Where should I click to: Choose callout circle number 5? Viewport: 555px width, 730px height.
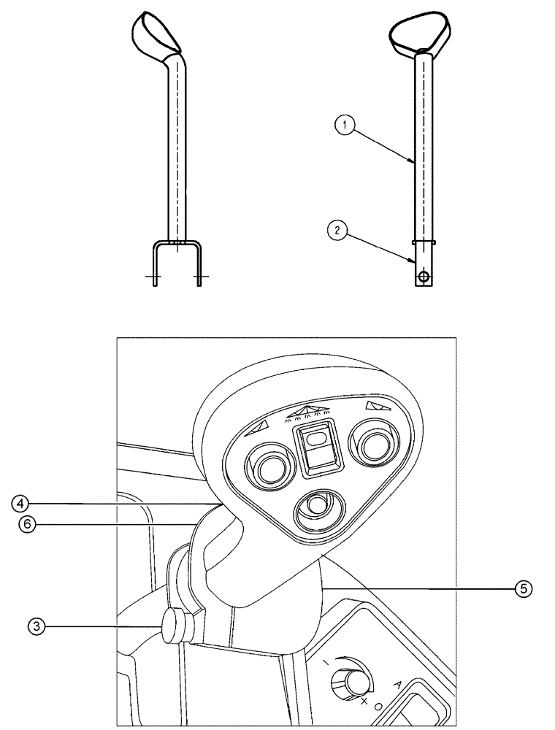tap(522, 587)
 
